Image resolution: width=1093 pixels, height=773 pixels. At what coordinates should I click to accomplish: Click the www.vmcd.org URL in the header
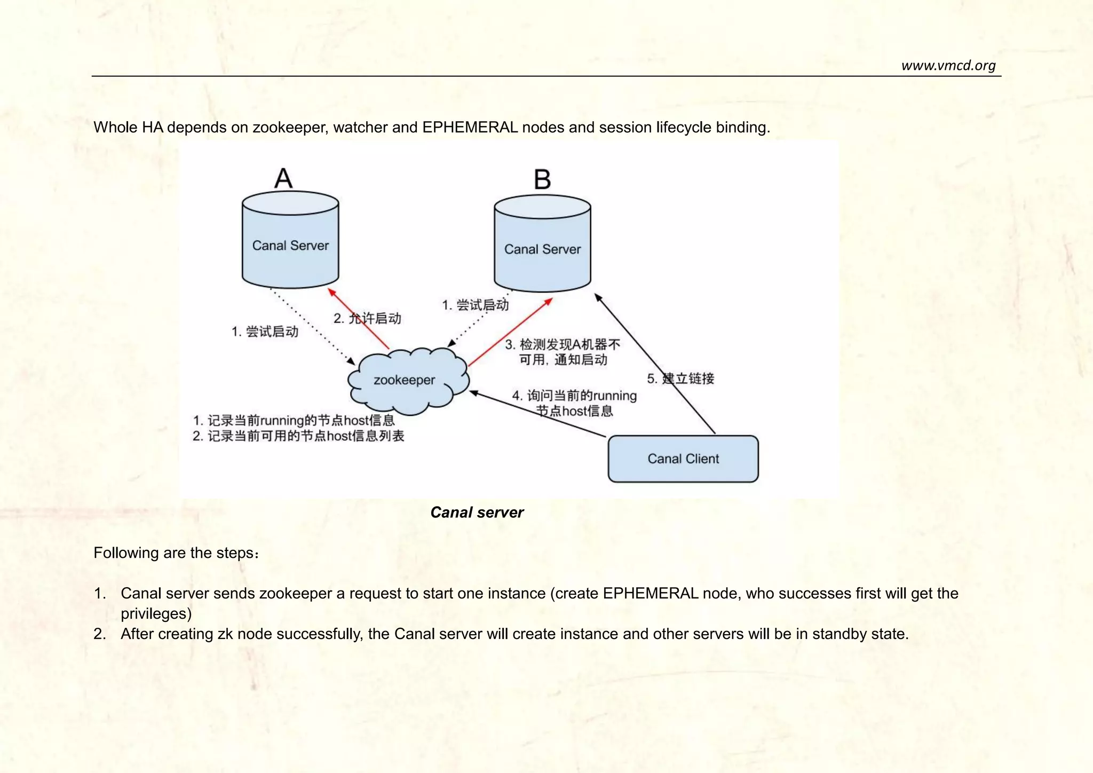[x=948, y=66]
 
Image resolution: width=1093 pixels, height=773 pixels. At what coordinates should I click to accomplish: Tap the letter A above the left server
[x=283, y=178]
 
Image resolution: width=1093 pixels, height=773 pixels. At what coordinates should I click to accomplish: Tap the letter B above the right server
[x=542, y=180]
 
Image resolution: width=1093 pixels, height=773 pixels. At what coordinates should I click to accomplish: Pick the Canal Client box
[x=683, y=459]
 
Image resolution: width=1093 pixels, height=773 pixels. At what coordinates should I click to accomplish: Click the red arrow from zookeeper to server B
[x=510, y=333]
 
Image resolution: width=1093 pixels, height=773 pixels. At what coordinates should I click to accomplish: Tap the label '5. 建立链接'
[x=680, y=379]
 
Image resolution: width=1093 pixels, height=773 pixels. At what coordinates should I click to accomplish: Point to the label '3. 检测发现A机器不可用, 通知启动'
[x=563, y=352]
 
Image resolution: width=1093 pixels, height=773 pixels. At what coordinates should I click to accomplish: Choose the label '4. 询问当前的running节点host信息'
[x=574, y=403]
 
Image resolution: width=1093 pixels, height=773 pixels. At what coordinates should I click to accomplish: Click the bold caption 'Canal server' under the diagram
[x=477, y=512]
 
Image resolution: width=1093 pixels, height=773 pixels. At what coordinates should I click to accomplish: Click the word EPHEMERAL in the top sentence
[x=470, y=128]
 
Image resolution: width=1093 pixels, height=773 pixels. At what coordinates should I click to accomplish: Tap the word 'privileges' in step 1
[x=154, y=614]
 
